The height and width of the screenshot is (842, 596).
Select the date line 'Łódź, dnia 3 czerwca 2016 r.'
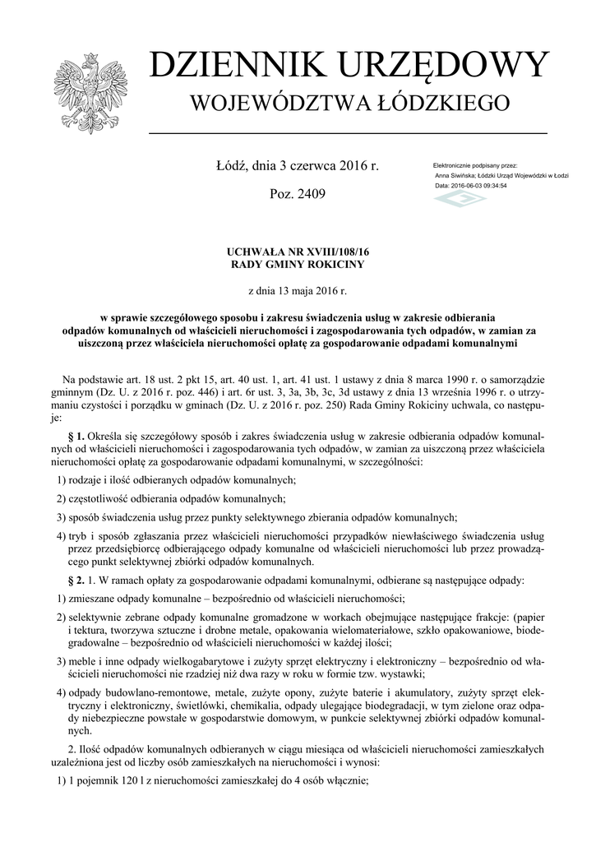click(297, 166)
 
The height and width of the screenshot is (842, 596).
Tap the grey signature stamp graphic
click(460, 200)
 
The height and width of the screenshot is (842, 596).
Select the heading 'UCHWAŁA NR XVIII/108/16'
click(297, 252)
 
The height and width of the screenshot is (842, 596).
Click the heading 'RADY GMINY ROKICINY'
click(297, 265)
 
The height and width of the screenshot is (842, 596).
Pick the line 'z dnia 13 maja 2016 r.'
click(297, 290)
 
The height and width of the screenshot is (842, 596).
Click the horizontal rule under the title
click(348, 132)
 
